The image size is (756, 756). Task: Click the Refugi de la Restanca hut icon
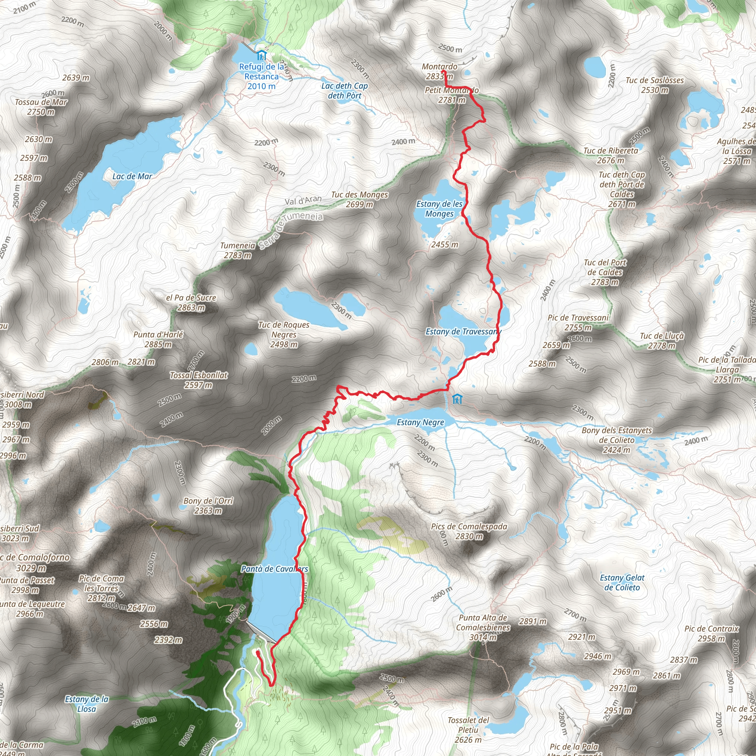pyautogui.click(x=261, y=56)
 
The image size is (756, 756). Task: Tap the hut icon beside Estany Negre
pyautogui.click(x=457, y=399)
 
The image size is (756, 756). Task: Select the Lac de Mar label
pyautogui.click(x=132, y=176)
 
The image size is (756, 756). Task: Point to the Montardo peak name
pyautogui.click(x=439, y=66)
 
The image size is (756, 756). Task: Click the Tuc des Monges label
pyautogui.click(x=360, y=195)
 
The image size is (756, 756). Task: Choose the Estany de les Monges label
pyautogui.click(x=439, y=209)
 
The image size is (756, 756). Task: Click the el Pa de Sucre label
pyautogui.click(x=191, y=298)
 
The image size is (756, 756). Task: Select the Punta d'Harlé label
pyautogui.click(x=158, y=334)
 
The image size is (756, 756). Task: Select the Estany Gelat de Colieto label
pyautogui.click(x=622, y=583)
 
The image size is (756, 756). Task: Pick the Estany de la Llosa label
pyautogui.click(x=86, y=704)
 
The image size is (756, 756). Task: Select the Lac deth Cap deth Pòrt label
pyautogui.click(x=344, y=91)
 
